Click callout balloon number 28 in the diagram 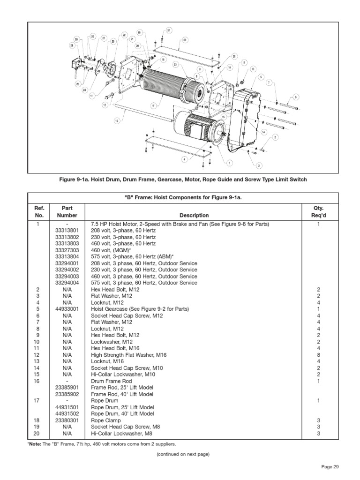click(x=72, y=45)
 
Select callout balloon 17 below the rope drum click(x=152, y=105)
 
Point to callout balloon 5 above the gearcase click(x=261, y=76)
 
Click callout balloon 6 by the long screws click(x=296, y=97)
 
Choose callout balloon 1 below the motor click(x=230, y=163)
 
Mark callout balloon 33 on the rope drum click(x=175, y=65)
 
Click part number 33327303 click(x=67, y=250)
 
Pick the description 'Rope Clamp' click(x=106, y=420)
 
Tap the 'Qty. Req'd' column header click(x=319, y=211)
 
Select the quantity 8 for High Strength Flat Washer click(x=319, y=355)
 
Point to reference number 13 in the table click(x=38, y=362)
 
